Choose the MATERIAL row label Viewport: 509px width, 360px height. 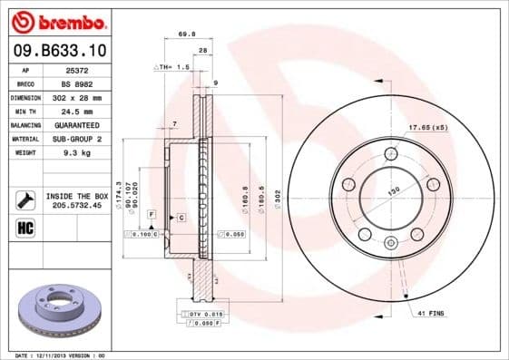pos(25,139)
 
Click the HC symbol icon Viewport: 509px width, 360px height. pos(25,226)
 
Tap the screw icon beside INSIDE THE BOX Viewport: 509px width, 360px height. pos(25,199)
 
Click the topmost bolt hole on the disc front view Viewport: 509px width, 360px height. pos(391,151)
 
